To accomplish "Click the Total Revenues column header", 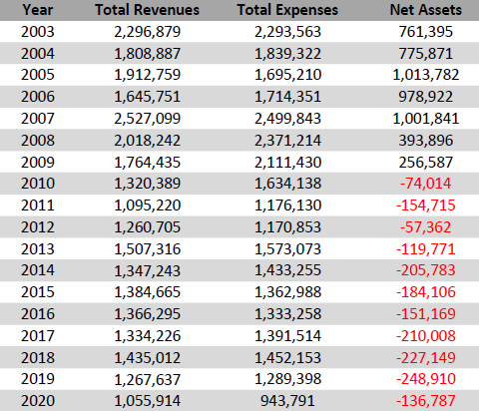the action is click(x=148, y=10).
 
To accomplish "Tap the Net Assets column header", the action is click(x=426, y=10).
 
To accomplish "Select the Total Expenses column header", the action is click(x=287, y=10).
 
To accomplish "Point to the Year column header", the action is click(x=38, y=10).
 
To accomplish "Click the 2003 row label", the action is click(x=38, y=32).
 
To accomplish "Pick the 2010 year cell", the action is click(x=38, y=184).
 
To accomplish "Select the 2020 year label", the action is click(x=38, y=401).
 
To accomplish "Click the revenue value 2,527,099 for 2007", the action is click(x=148, y=119).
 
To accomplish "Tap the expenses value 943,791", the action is click(x=287, y=401).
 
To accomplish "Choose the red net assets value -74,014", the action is click(x=426, y=184).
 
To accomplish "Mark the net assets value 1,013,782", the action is click(x=426, y=75).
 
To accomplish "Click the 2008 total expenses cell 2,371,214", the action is click(x=287, y=141).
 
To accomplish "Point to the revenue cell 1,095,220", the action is click(x=148, y=205).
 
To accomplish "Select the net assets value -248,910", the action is click(x=426, y=379).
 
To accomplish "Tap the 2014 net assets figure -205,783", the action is click(x=426, y=270).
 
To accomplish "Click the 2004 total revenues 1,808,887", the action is click(x=148, y=54).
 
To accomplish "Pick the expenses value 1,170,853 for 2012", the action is click(x=287, y=227).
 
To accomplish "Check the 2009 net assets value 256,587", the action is click(x=426, y=163).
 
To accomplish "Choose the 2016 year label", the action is click(x=38, y=314).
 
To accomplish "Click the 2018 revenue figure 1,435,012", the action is click(x=148, y=358).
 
